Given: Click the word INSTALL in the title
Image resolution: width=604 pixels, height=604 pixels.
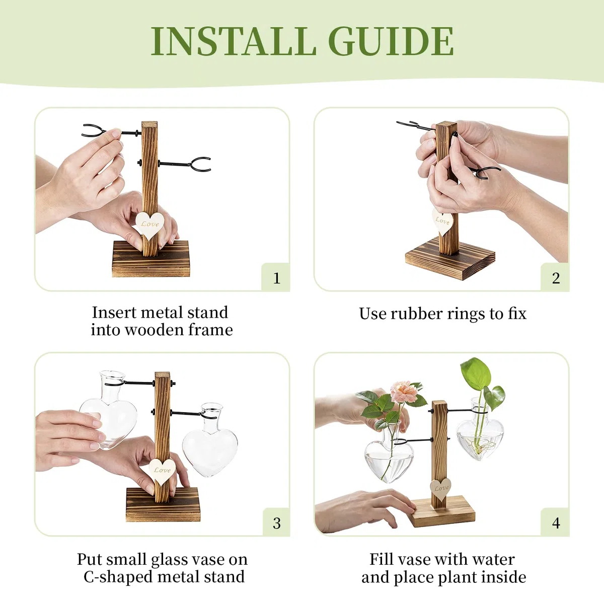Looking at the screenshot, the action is pos(234,41).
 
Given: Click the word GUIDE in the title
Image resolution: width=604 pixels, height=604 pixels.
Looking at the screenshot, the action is pos(391,41).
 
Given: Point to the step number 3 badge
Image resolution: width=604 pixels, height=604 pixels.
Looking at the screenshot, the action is pos(276,523).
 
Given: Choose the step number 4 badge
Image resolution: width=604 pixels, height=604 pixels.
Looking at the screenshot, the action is pos(555,523).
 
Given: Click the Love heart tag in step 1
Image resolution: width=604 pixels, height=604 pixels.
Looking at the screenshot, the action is pos(149,225).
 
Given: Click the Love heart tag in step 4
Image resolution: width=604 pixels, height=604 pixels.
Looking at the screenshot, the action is pos(441,489).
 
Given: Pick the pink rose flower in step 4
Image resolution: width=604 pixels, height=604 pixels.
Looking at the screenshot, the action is pos(403,391).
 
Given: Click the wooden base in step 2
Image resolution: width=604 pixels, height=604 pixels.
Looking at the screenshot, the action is pos(450,259).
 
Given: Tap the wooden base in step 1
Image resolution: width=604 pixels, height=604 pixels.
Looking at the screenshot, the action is pos(151,259).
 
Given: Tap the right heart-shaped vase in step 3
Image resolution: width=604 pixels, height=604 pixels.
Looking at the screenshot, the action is pos(210,440).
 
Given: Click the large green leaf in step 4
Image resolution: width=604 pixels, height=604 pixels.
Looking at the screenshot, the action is pos(476,374).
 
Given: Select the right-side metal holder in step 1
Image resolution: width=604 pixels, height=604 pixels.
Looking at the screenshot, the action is pos(185,164).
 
